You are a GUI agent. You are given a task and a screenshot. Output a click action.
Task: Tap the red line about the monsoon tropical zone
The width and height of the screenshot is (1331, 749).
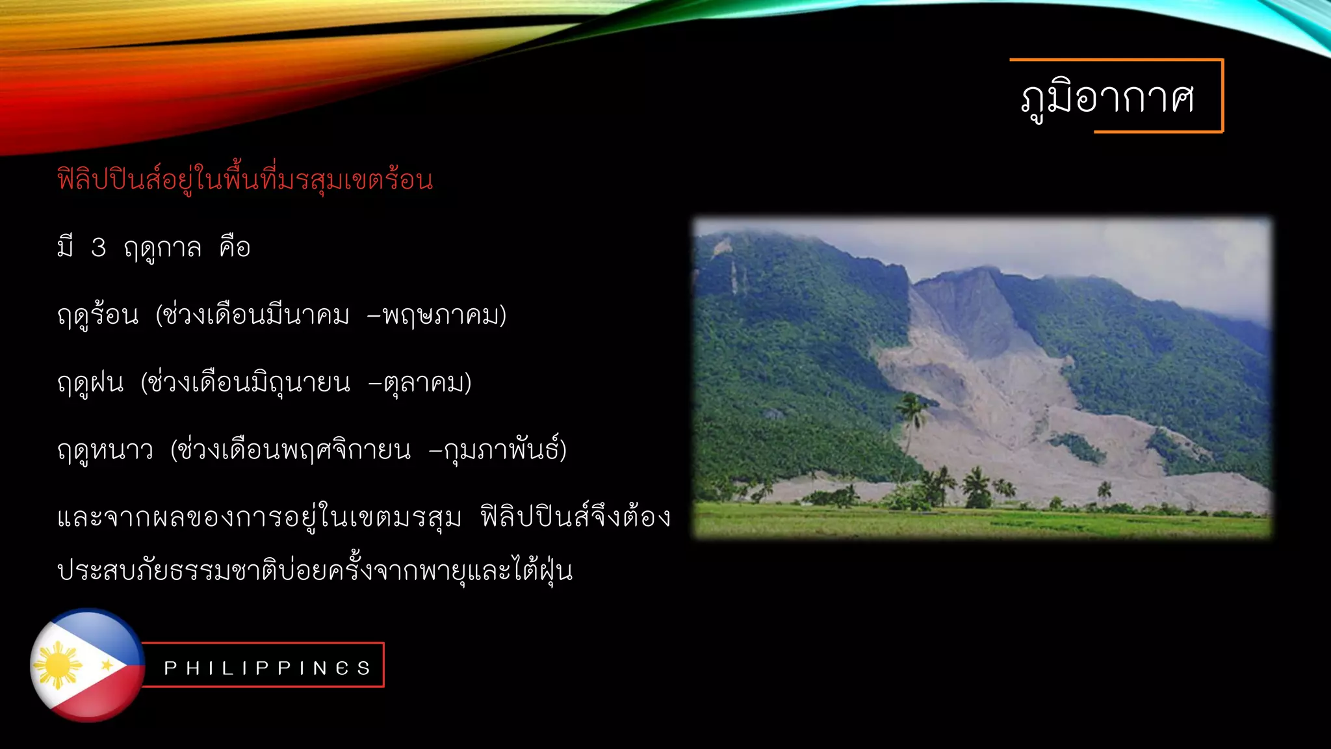tap(245, 180)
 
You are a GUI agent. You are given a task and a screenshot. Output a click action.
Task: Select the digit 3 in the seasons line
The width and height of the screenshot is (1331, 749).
tap(99, 248)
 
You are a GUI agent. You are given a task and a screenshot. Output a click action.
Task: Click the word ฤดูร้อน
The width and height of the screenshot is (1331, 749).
tap(98, 316)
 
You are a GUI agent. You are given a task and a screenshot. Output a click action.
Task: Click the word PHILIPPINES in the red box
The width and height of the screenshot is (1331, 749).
tap(267, 668)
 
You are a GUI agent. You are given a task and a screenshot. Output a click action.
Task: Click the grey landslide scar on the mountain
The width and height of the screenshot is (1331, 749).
tap(975, 364)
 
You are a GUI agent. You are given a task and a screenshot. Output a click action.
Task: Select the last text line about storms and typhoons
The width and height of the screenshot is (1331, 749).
tap(315, 572)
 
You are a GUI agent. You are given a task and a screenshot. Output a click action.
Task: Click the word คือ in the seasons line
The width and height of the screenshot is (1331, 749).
tap(235, 248)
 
